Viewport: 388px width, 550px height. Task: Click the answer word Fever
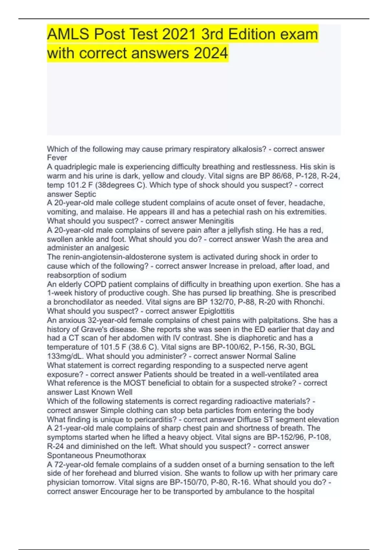coord(57,158)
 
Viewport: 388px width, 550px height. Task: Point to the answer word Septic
coord(85,194)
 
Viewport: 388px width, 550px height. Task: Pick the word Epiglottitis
coord(216,311)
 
